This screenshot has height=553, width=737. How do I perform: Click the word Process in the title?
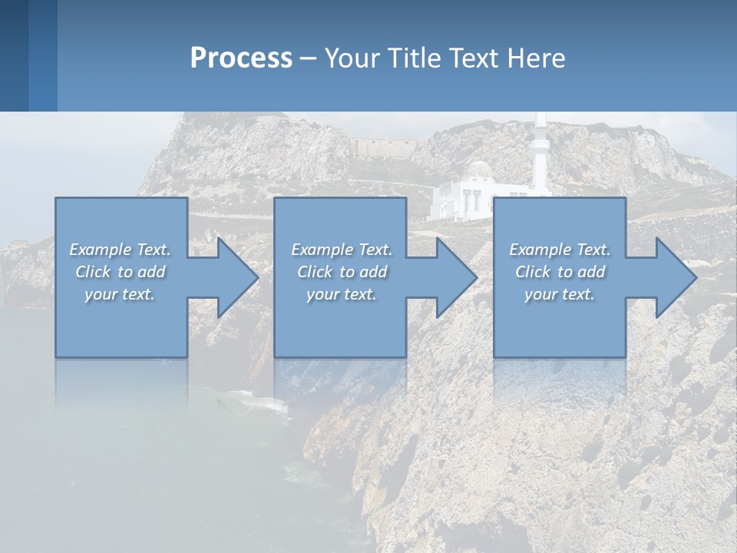coord(241,58)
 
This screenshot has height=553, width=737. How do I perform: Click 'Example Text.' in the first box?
coord(121,250)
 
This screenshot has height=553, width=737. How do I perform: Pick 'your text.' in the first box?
coord(120,294)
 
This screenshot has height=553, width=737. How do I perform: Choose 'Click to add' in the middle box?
coord(342,272)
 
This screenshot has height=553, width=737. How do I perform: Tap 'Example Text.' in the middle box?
coord(342,250)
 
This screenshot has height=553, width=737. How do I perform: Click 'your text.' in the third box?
coord(560,294)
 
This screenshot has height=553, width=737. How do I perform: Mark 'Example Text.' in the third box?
coord(560,250)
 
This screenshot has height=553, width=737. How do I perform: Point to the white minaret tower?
coord(541,154)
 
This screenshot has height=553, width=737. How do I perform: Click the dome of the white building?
coord(481,169)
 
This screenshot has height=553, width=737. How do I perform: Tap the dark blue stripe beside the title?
coord(14,55)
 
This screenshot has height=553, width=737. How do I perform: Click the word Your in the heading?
coord(352,58)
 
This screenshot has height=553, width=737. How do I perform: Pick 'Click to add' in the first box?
coord(121,272)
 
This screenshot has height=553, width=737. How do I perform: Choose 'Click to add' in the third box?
coord(560,272)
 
